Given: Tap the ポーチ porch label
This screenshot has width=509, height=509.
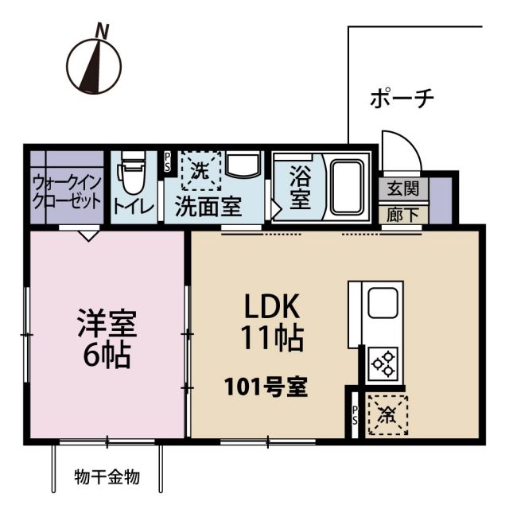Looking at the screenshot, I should tap(402, 99).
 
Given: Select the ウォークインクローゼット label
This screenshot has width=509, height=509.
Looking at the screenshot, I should tap(67, 190).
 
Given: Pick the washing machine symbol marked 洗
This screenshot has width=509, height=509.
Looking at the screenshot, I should tap(200, 169).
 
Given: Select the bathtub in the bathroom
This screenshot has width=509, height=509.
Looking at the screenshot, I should tap(347, 187).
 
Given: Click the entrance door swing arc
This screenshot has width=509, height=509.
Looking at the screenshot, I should tap(398, 150).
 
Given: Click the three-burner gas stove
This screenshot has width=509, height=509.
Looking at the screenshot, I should tap(383, 363).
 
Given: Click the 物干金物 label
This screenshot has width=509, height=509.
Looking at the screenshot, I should tap(107, 477).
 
